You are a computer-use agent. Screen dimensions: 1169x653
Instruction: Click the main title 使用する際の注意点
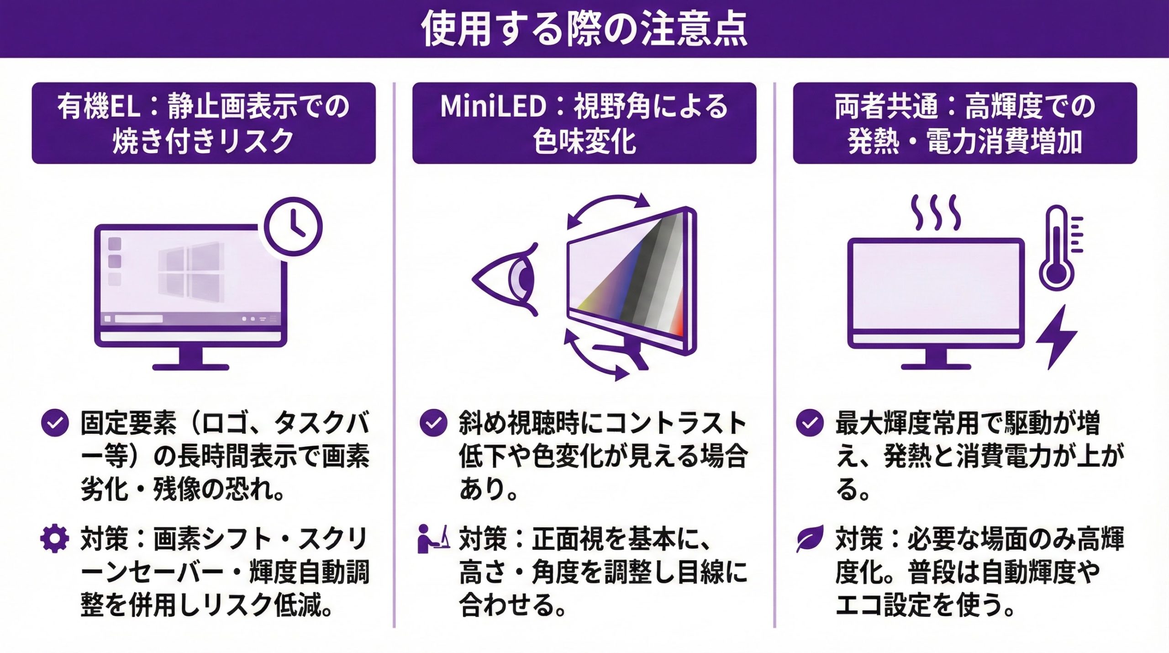click(584, 28)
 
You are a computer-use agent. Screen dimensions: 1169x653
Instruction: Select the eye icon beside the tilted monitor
click(505, 279)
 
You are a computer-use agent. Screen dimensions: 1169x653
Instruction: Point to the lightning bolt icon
click(1055, 337)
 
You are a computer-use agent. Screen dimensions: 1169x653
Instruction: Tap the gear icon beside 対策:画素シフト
click(55, 539)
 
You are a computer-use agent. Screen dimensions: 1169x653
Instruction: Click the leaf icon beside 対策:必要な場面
click(810, 539)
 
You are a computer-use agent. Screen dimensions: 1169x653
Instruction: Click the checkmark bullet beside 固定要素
click(55, 423)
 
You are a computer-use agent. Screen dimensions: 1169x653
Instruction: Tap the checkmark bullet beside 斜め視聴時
click(433, 423)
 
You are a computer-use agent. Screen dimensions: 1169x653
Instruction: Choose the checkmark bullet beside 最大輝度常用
click(810, 423)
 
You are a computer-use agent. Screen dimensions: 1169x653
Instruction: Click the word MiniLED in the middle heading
click(493, 106)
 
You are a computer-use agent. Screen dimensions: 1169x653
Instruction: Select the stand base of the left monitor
click(191, 367)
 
